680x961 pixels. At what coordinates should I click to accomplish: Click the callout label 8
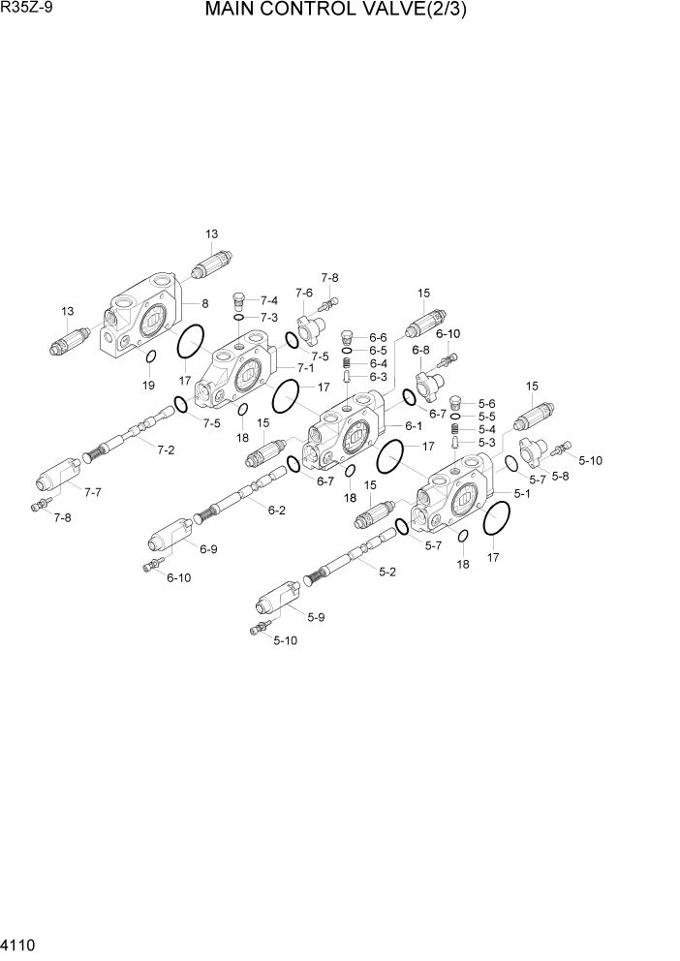205,303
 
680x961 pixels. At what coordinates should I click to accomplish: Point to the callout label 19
148,386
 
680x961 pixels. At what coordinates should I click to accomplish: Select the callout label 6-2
276,510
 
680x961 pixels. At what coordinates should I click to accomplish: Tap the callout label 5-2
386,572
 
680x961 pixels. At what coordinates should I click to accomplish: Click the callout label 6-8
420,350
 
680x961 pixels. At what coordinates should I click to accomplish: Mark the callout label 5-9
316,617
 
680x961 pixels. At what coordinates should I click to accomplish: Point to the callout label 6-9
208,549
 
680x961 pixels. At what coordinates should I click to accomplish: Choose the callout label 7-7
93,492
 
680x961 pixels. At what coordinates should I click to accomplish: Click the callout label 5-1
521,493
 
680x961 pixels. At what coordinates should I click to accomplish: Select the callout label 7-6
304,293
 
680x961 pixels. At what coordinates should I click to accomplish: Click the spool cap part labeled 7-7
58,476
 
